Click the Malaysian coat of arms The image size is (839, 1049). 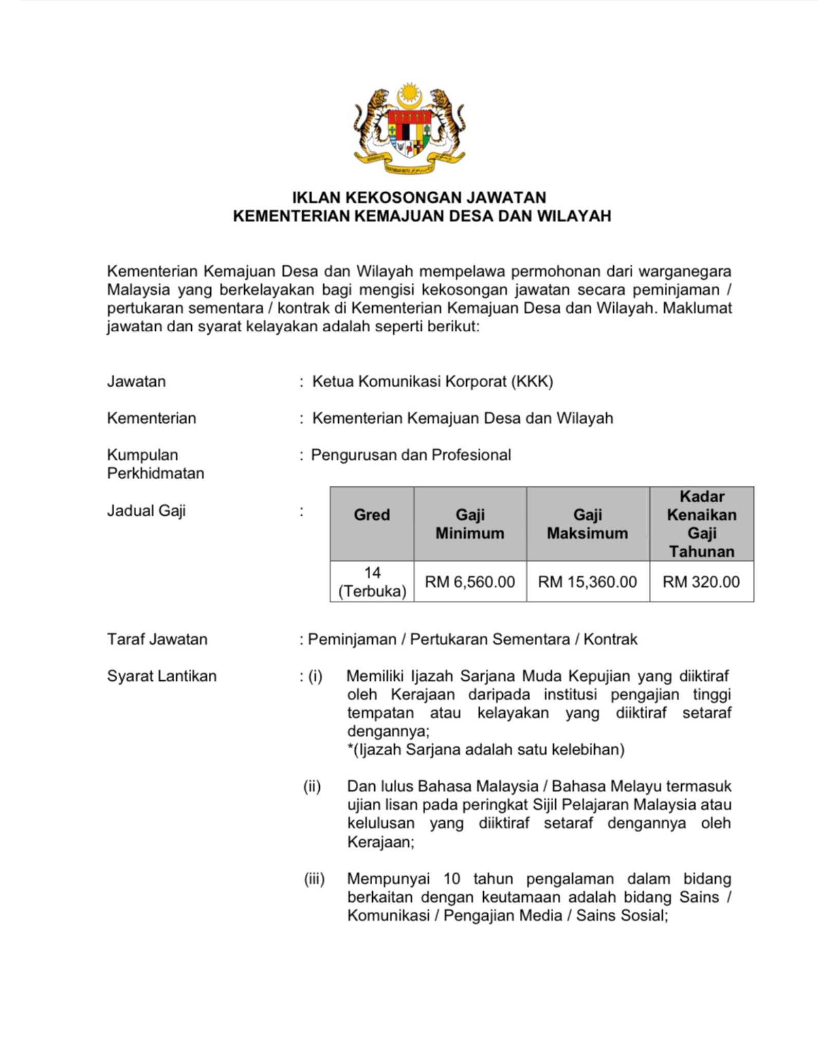point(410,128)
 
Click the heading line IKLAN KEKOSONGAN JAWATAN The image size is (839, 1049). point(419,197)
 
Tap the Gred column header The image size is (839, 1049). point(372,515)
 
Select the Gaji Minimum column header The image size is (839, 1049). point(470,524)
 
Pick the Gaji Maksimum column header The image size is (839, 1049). point(588,524)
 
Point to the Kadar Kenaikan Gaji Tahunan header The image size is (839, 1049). point(702,524)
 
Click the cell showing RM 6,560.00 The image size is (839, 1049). point(470,582)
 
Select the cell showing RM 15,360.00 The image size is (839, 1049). point(588,582)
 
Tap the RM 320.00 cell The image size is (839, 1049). point(701,582)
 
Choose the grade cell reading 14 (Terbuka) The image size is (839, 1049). point(372,582)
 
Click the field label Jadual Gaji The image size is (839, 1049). point(147,511)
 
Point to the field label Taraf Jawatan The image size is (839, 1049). point(157,639)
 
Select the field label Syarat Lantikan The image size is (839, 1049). point(162,676)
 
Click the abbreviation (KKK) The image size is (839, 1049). point(532,382)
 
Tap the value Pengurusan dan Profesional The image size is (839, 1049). point(411,455)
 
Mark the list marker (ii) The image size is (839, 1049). point(312,786)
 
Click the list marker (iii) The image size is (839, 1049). point(314,879)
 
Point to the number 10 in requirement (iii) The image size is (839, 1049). point(452,879)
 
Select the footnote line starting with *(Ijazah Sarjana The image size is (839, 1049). point(486,750)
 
